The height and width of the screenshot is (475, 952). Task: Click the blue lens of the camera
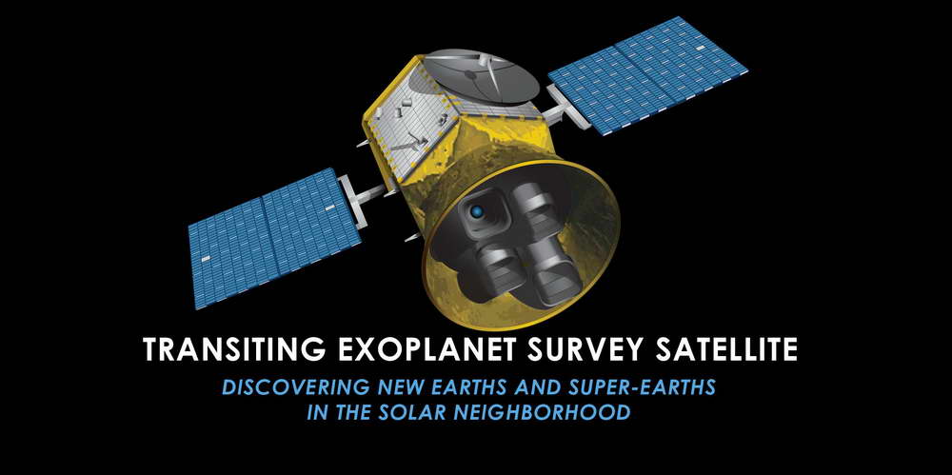point(477,212)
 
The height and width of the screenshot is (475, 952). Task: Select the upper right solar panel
point(647,74)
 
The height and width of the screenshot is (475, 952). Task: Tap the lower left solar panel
point(274,238)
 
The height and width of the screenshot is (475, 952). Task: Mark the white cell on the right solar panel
point(701,48)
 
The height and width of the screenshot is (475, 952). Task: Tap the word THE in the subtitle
point(351,413)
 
